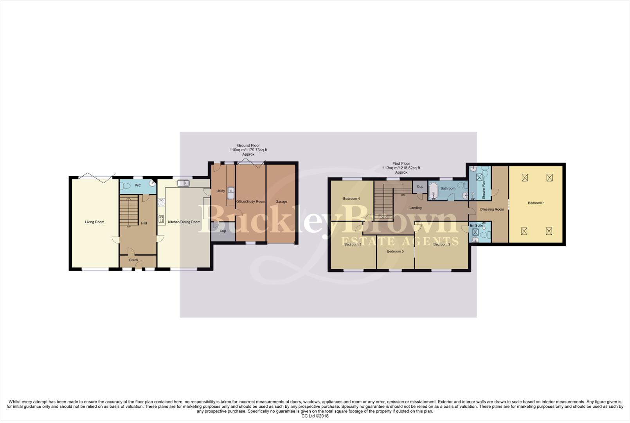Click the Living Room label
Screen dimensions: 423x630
(x=95, y=222)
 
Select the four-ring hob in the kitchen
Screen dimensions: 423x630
(x=161, y=202)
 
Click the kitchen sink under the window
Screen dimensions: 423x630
(x=183, y=183)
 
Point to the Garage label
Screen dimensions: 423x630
(x=281, y=202)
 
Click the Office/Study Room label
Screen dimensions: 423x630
(x=250, y=202)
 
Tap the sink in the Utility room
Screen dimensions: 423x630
(x=231, y=193)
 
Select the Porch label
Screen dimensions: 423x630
(x=133, y=260)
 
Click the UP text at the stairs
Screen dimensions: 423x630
(x=129, y=227)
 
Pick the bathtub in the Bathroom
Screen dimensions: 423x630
(x=433, y=191)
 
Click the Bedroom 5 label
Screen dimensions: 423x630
(x=395, y=251)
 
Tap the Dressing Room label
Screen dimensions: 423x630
(x=492, y=210)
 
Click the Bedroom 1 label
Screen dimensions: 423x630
(x=536, y=203)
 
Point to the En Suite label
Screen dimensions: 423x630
(x=476, y=226)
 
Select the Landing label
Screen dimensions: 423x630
(x=415, y=208)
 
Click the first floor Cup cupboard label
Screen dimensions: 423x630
(x=420, y=186)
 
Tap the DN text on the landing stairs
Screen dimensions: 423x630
(x=403, y=195)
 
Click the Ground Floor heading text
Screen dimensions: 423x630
(x=248, y=145)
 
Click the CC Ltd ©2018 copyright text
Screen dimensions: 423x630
(x=315, y=416)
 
